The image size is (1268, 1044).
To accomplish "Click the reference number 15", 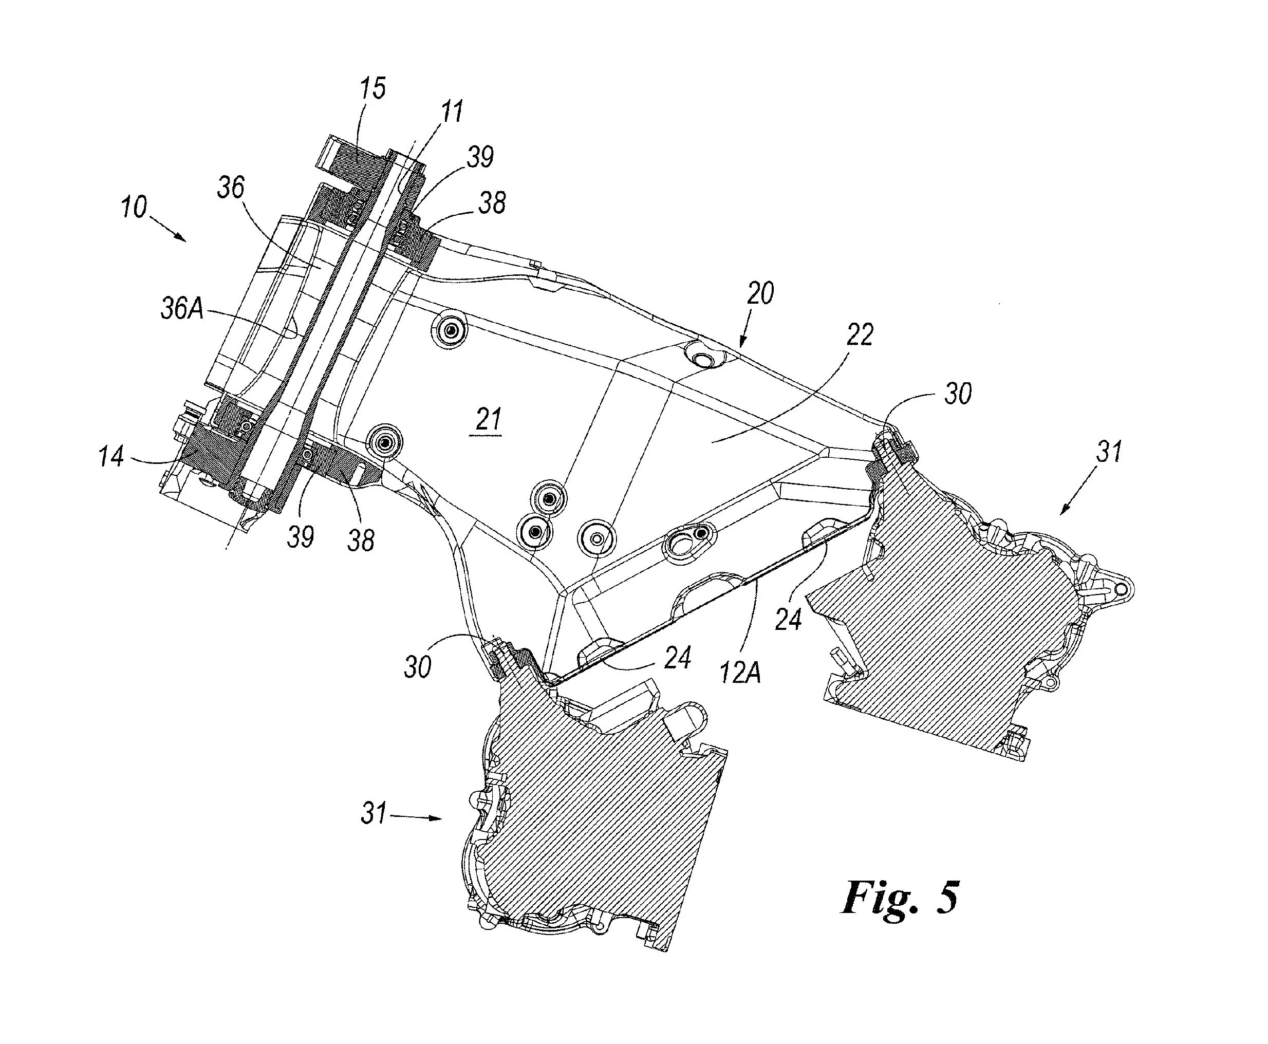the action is [373, 88].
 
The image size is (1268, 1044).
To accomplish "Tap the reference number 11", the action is [452, 112].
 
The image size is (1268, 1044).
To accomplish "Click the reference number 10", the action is [134, 208].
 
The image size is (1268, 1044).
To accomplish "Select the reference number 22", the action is [860, 335].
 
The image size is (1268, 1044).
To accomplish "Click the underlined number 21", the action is [488, 420].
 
